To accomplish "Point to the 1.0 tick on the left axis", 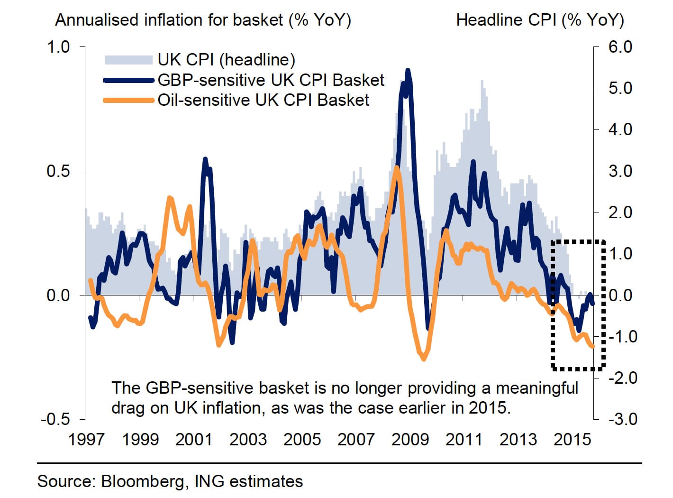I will (58, 46).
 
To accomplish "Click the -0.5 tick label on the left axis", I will (55, 419).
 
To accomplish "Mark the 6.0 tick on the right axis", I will (620, 46).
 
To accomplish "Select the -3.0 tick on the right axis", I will (620, 419).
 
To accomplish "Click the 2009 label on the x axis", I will (410, 439).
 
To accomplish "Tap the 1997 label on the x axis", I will (86, 439).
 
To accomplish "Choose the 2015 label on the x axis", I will (572, 439).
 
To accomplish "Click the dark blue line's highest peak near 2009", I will (408, 70).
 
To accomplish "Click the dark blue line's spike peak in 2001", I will (205, 159).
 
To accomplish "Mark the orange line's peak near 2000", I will (170, 197).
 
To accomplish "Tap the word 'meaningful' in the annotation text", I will (537, 388).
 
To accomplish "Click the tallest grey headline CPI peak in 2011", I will (482, 81).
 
